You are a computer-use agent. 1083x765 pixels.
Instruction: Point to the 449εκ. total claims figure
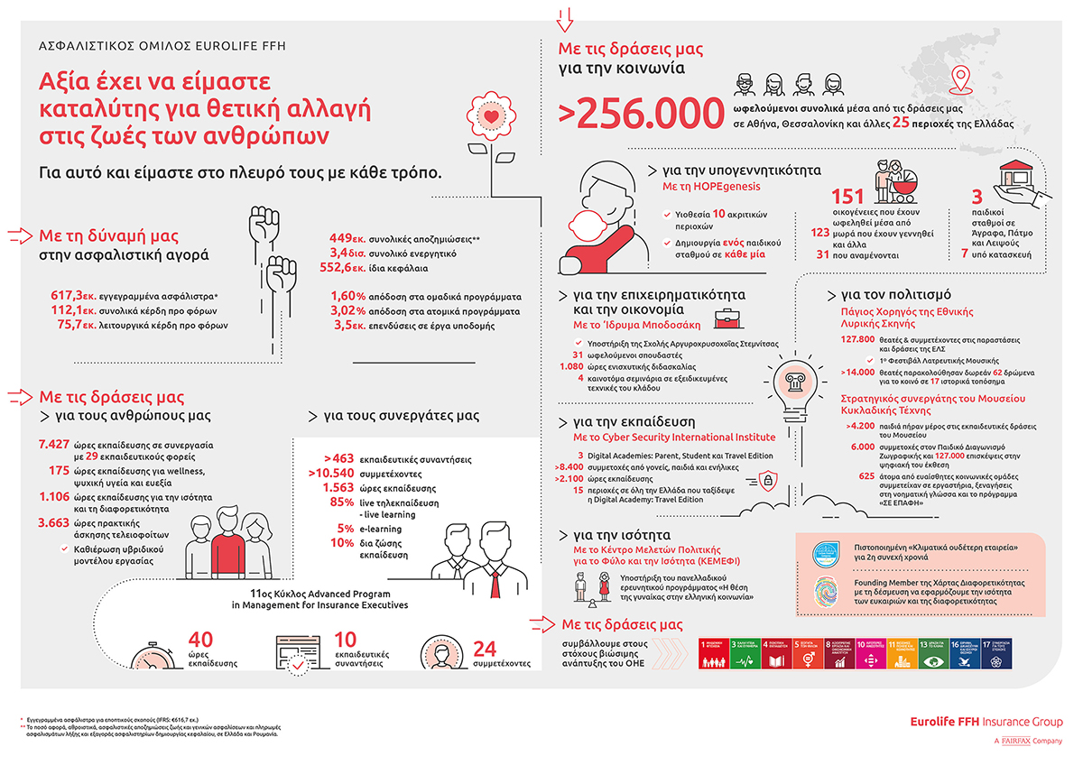point(347,238)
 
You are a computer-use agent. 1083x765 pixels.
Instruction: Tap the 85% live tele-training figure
point(342,501)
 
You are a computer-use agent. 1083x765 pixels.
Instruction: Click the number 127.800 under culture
point(856,340)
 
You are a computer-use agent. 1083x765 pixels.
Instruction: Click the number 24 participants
point(486,649)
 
